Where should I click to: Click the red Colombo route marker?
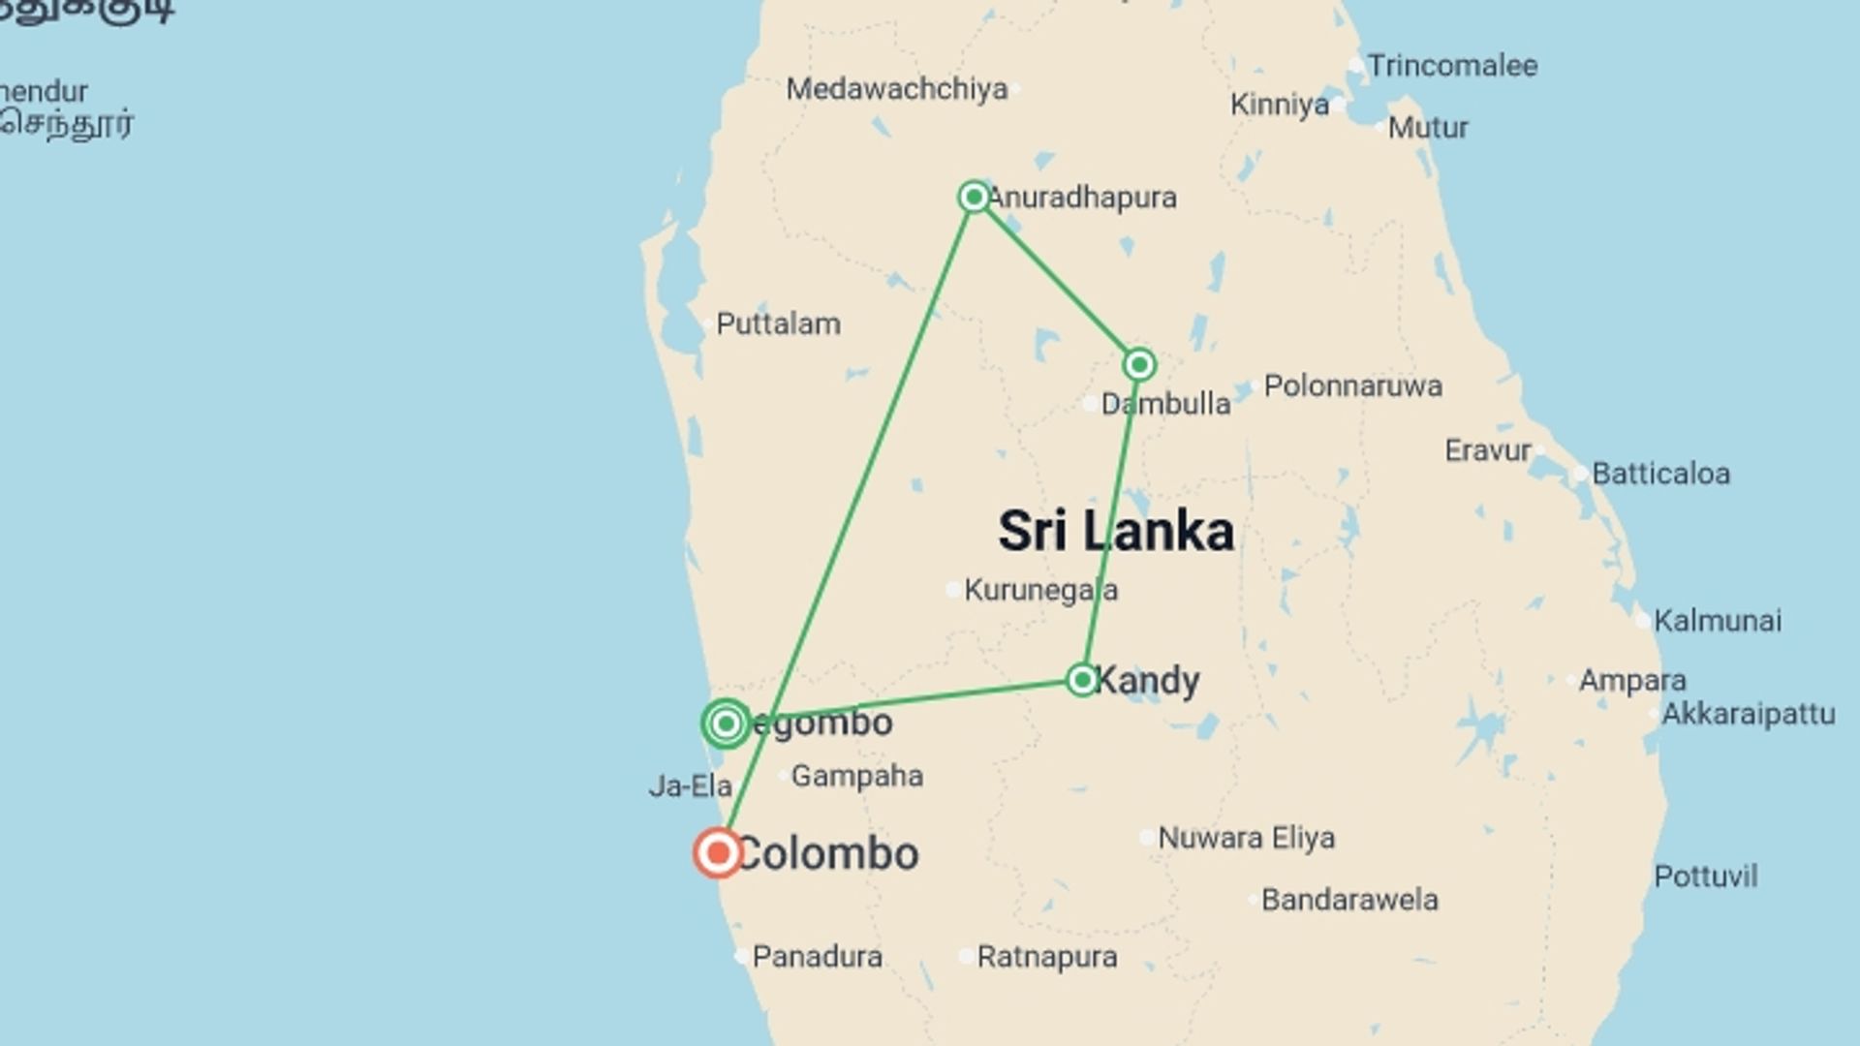(718, 853)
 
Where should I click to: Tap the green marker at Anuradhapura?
(974, 197)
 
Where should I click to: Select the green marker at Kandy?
(1081, 679)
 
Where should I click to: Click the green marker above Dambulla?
(1139, 364)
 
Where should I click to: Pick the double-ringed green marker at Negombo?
(726, 723)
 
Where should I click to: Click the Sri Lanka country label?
(1116, 531)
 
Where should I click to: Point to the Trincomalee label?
(1451, 66)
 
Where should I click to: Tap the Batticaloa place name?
(1660, 474)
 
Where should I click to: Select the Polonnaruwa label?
(1352, 385)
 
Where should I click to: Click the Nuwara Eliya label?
(1246, 838)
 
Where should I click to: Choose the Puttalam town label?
(778, 323)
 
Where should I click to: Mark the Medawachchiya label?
(896, 89)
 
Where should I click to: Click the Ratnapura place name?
(1046, 957)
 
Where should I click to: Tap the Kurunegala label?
(1040, 590)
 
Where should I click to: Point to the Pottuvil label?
(1705, 877)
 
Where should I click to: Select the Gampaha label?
(856, 776)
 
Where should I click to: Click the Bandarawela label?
(1348, 900)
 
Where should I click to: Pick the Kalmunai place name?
(1717, 621)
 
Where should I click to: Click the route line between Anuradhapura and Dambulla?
(1056, 280)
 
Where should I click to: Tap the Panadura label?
(817, 957)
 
